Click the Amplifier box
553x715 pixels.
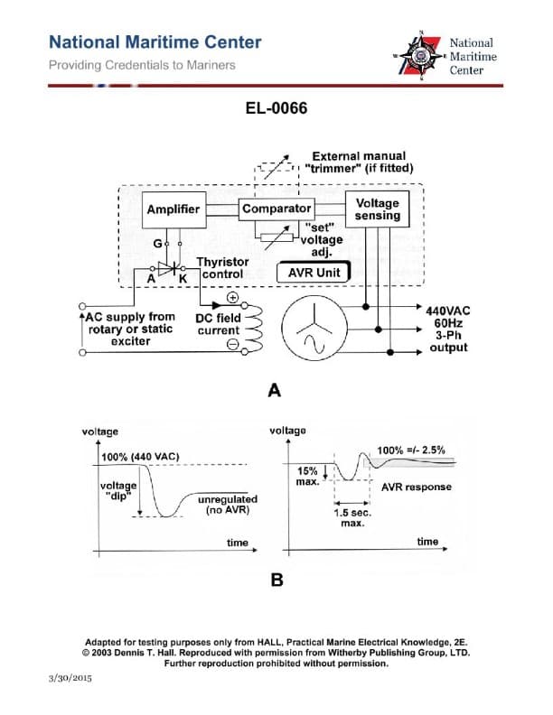[173, 209]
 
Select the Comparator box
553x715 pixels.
[276, 209]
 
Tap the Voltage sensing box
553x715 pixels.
[377, 209]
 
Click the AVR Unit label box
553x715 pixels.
[313, 272]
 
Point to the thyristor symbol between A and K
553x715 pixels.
[165, 268]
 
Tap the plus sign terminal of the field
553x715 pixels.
[231, 298]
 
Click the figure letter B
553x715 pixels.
[276, 580]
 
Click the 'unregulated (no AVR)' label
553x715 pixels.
[227, 505]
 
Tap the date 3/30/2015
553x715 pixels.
[70, 676]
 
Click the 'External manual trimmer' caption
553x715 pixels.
[359, 162]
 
